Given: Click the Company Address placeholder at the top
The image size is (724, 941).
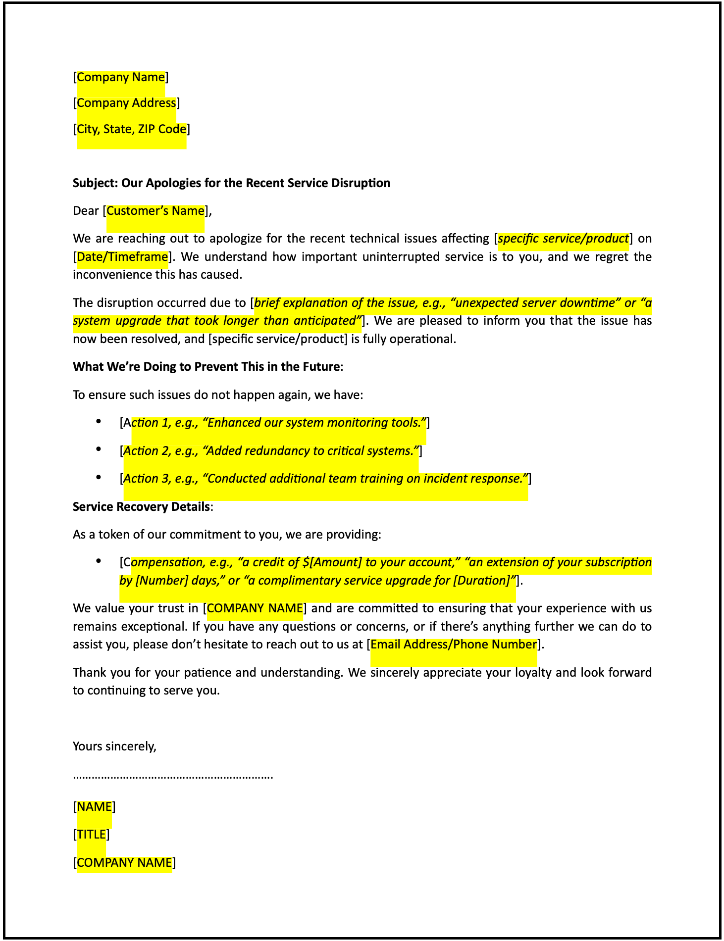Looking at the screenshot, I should [x=126, y=103].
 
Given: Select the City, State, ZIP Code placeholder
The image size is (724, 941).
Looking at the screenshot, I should [x=132, y=129].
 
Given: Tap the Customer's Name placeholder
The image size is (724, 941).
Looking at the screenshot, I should [x=155, y=211].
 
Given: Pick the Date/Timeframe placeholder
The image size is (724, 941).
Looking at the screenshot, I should [x=122, y=257].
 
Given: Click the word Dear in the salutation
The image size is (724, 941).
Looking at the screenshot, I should [x=86, y=211].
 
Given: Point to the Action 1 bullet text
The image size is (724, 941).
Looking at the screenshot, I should [x=275, y=423].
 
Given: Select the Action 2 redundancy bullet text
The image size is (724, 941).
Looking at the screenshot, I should [x=271, y=451].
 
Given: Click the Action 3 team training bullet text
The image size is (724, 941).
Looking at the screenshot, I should [x=325, y=479].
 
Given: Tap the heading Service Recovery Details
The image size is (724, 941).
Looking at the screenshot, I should [x=141, y=507].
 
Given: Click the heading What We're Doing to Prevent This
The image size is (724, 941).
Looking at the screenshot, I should [x=206, y=367].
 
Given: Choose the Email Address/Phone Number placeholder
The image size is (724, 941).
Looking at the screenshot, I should [x=454, y=644].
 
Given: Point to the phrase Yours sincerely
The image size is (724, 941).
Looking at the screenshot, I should [x=114, y=746].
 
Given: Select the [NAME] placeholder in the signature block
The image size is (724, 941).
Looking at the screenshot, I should [x=94, y=807].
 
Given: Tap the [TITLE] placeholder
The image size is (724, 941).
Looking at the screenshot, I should [x=91, y=835].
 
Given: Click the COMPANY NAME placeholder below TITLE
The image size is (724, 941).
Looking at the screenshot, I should [x=124, y=863].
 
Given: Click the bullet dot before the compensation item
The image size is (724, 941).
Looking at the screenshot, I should [x=99, y=561].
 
